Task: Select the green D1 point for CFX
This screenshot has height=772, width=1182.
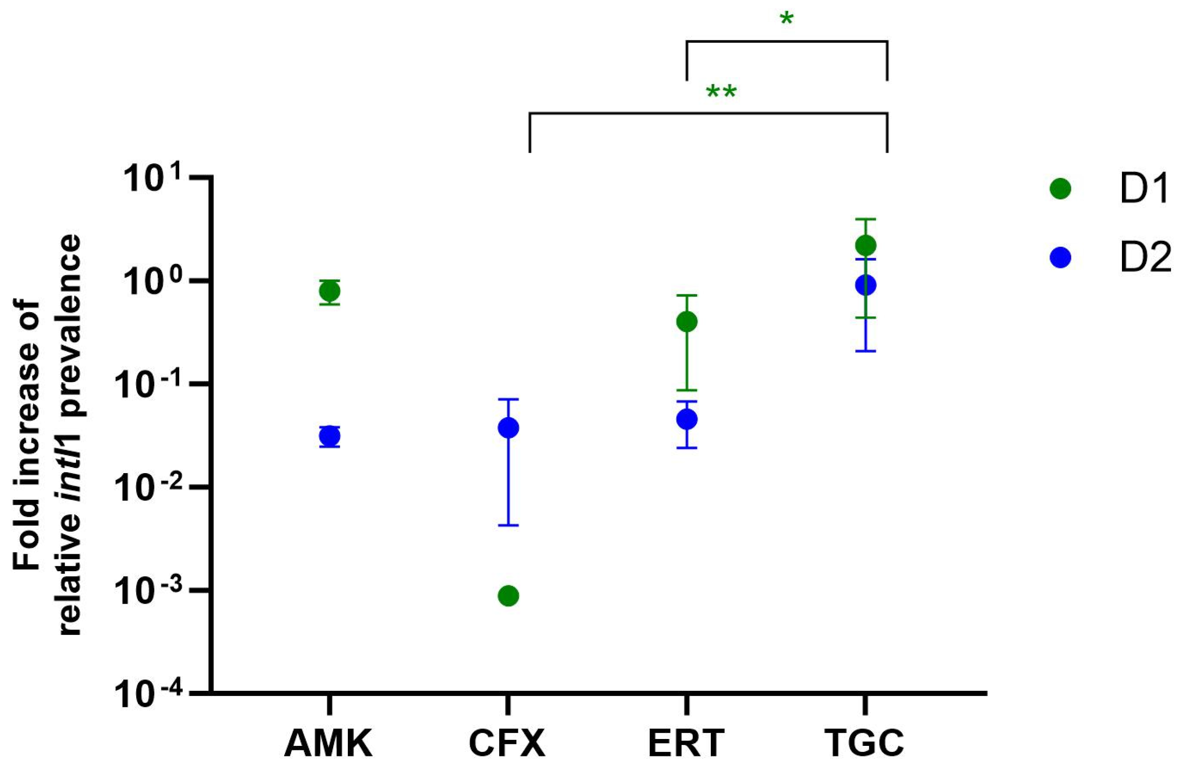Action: point(508,595)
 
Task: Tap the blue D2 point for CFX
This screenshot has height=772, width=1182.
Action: point(508,428)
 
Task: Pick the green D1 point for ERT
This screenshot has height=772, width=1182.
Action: point(687,322)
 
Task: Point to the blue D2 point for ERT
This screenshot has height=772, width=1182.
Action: point(687,419)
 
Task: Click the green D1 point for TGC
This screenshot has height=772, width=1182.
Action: point(865,245)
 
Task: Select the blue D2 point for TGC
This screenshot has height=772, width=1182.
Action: point(865,285)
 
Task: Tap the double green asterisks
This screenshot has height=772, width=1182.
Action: point(721,93)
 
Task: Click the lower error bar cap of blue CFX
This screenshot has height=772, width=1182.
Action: point(508,525)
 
